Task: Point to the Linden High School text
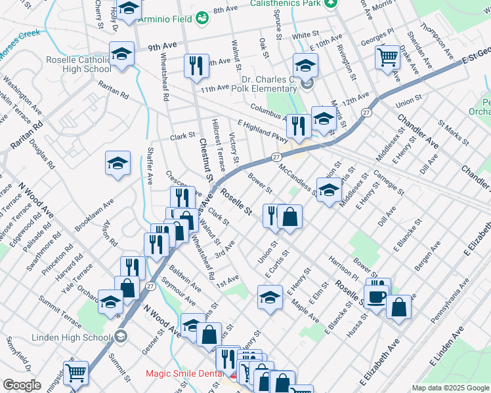[x=72, y=337]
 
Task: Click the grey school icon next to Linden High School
[x=119, y=337]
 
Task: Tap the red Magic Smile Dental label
[x=186, y=374]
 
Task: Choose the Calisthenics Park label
[x=286, y=3]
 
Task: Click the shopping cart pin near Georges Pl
[x=387, y=57]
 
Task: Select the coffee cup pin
[x=377, y=296]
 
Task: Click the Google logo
[x=22, y=384]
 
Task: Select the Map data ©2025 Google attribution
[x=450, y=388]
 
